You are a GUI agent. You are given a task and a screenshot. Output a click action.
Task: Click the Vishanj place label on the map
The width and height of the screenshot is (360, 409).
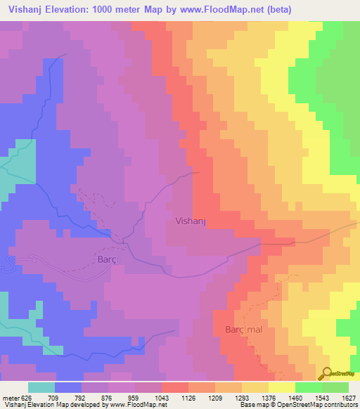point(191,221)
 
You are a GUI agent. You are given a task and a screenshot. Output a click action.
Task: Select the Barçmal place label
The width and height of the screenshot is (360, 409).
point(243,330)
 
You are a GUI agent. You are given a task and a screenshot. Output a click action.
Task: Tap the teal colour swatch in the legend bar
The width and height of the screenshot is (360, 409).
point(41,387)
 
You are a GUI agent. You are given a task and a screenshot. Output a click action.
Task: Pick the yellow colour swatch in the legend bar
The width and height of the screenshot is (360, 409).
point(281,387)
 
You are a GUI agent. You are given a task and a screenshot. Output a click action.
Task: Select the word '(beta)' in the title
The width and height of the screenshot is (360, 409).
point(274,9)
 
